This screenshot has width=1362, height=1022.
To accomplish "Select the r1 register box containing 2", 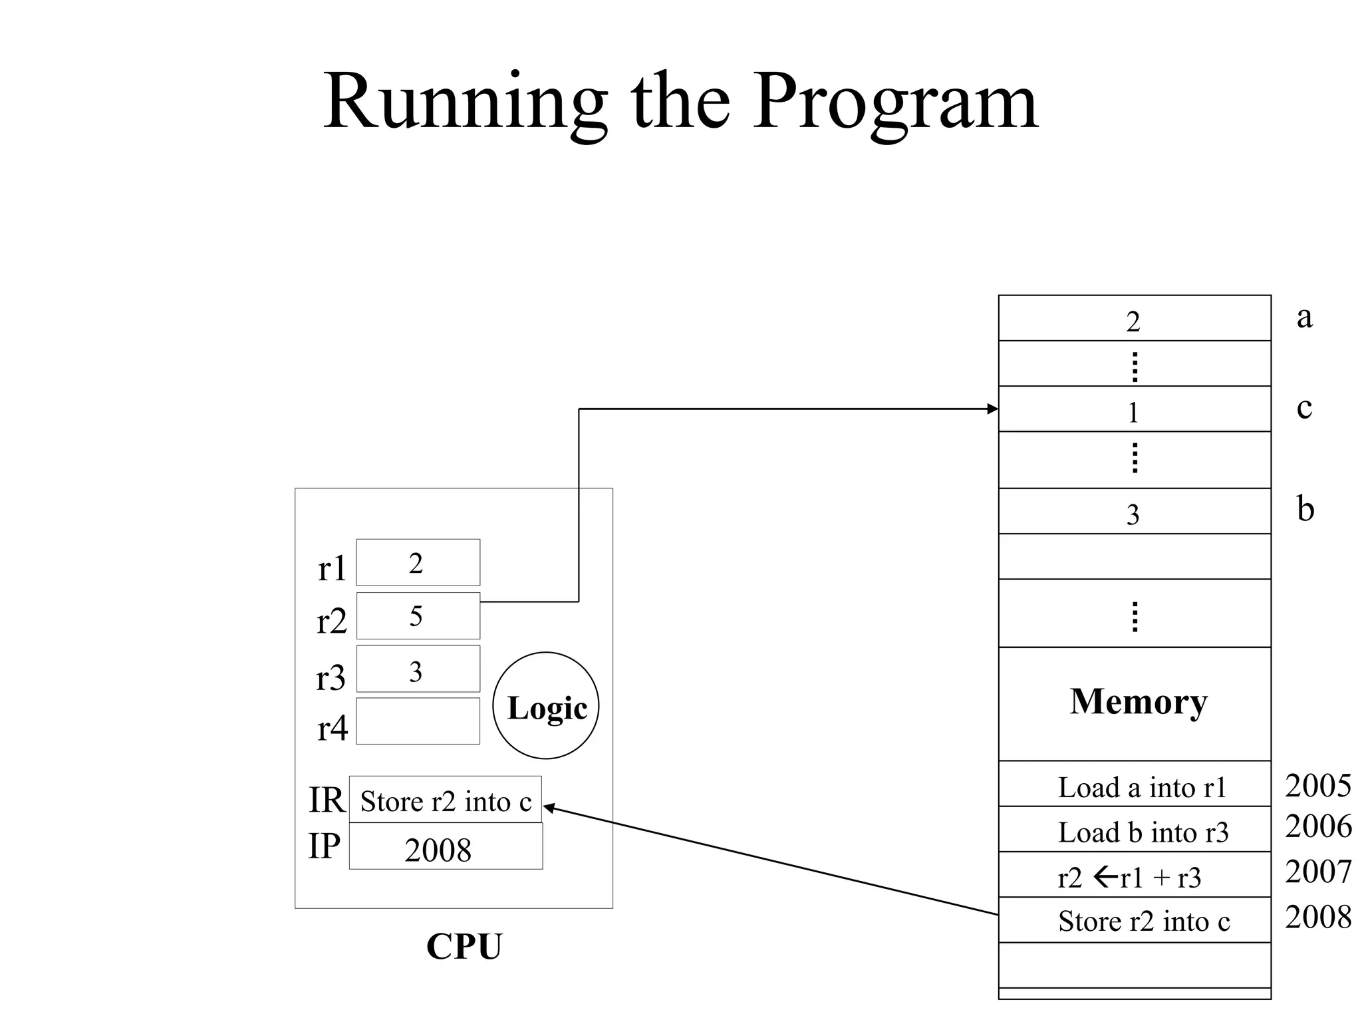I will [418, 563].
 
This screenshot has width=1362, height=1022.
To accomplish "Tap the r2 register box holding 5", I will [418, 616].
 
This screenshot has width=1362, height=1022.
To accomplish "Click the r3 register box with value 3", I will [418, 669].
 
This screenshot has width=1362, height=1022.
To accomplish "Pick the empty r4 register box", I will [418, 721].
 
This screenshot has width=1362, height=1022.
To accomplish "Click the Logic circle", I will [546, 706].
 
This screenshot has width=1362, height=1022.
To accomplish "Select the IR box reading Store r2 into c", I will [445, 800].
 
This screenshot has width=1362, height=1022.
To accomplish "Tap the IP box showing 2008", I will [445, 847].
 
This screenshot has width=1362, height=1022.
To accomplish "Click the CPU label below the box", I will [464, 946].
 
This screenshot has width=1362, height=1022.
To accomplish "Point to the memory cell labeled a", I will [1134, 319].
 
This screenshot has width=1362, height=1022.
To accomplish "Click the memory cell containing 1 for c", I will [1134, 410].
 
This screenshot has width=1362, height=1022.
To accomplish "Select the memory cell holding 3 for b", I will [1134, 512].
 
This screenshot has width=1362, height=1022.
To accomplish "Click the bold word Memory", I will [1138, 702].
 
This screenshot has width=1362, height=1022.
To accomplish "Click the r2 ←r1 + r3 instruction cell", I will [1134, 876].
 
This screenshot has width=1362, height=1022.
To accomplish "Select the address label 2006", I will [1317, 826].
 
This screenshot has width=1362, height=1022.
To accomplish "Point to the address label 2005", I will [1317, 786].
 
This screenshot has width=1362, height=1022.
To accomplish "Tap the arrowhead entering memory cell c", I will [993, 409].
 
